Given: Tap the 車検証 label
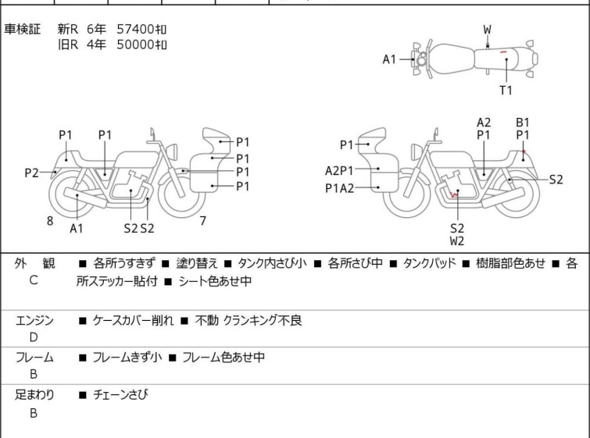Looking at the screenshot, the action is point(22,29).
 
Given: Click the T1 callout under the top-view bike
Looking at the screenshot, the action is point(506,91).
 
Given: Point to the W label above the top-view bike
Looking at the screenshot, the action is point(488,30).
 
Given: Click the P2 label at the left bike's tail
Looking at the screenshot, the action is point(31,173).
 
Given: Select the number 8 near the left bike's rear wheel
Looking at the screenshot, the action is point(50,221).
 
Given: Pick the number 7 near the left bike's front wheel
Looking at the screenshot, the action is point(203,221).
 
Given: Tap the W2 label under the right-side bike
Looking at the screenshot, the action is point(457,241).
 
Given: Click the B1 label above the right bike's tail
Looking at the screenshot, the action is point(522,123).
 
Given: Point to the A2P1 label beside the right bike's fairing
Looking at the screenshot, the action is point(339,171).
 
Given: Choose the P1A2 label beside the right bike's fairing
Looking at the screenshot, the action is point(339,188).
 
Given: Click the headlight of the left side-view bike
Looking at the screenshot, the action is point(172,151).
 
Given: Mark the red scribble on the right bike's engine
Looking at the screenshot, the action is point(455,194).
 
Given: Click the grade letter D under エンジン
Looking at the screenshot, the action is point(34,337).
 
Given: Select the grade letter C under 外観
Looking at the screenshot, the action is point(34,280).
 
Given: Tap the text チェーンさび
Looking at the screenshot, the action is point(120,394).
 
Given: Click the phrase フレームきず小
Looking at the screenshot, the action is point(127,357).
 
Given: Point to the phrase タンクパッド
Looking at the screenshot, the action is point(429,263).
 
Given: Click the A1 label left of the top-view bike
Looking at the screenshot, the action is point(389,59).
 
